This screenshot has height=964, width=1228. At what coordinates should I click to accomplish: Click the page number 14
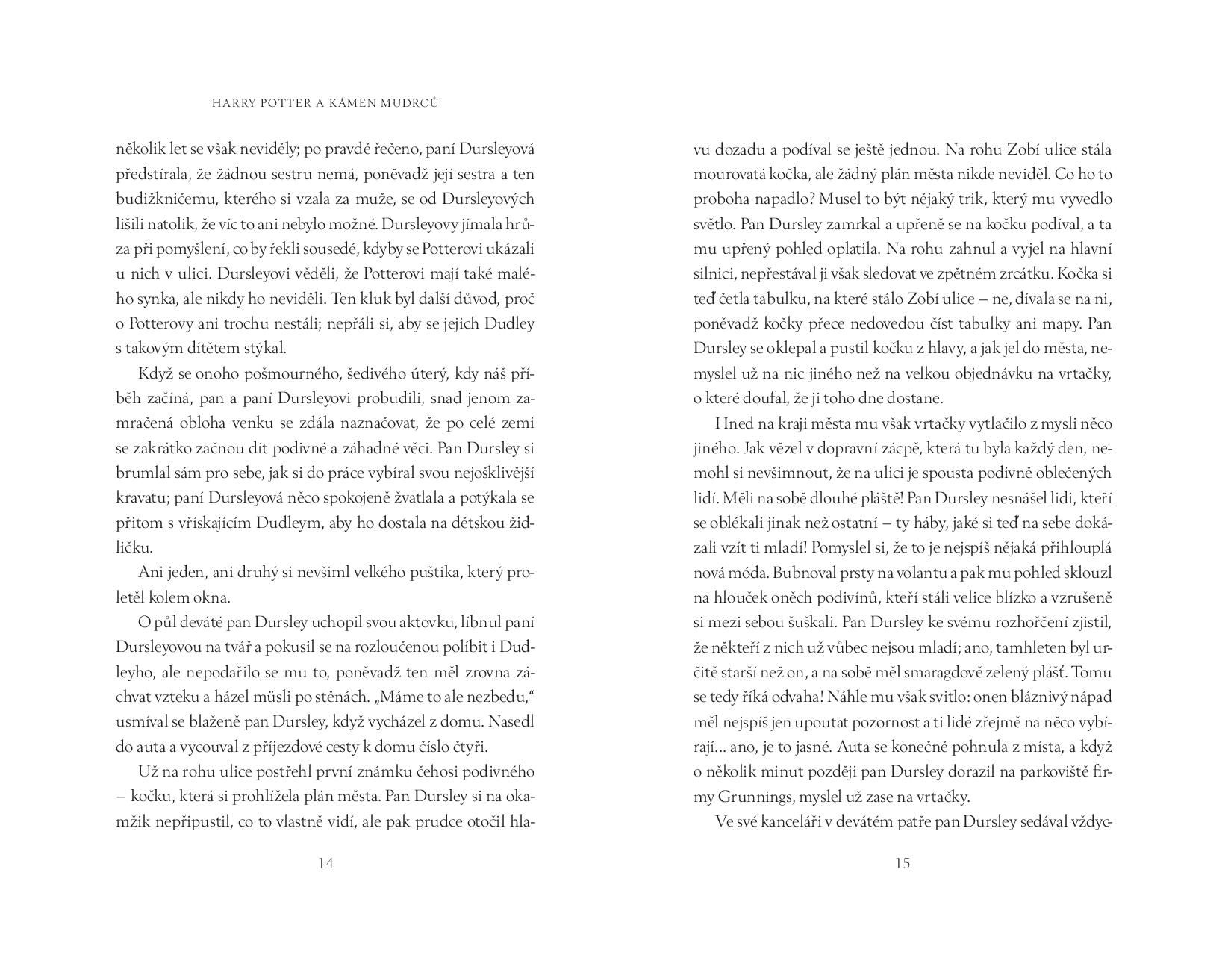point(325,864)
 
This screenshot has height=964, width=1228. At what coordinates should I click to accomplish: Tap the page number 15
point(902,864)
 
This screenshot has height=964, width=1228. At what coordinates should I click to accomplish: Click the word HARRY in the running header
point(234,103)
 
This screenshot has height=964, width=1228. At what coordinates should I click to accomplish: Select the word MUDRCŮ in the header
point(409,103)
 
